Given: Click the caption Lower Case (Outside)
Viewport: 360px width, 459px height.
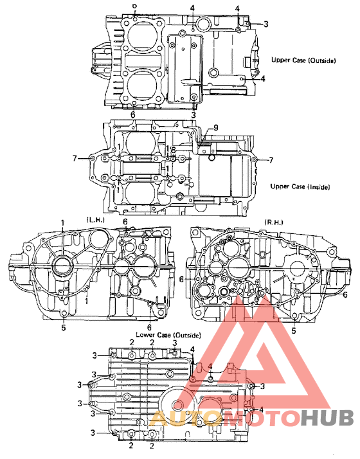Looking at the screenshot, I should pos(168,336).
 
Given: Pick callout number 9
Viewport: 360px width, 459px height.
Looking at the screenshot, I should pos(215,128).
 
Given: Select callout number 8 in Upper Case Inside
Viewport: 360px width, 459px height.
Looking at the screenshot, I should pos(173,149).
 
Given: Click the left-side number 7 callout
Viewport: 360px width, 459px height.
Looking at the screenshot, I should pos(75,158).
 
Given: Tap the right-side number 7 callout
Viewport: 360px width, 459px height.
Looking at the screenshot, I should pos(270,159).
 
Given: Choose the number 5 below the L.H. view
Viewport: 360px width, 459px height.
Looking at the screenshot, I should pos(63,328).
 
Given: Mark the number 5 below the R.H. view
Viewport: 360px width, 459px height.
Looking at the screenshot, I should pos(293,330).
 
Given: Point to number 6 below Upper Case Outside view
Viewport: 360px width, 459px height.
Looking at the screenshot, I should pos(132,114).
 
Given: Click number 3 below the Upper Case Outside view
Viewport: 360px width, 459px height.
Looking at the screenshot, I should pos(194,114).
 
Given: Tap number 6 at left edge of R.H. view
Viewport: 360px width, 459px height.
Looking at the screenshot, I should pos(182,279).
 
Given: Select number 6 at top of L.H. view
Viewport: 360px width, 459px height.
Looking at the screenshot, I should pos(125,222).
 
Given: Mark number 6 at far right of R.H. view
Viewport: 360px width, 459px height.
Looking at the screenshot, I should pos(346,294).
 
